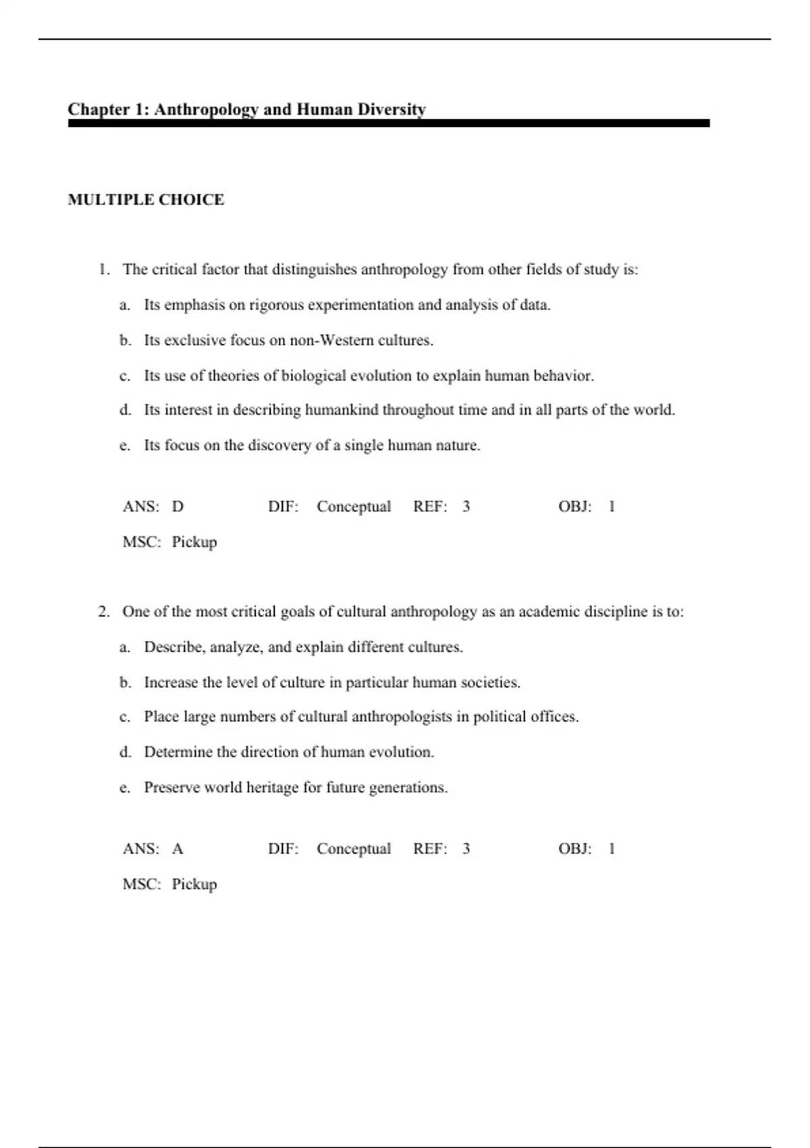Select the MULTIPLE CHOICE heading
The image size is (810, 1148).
point(146,200)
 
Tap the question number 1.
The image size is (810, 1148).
point(103,269)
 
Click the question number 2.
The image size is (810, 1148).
point(103,612)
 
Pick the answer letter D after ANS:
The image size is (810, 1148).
point(178,506)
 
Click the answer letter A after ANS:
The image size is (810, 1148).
point(178,849)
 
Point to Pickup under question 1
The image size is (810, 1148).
point(194,542)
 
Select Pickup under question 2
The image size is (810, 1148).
point(194,884)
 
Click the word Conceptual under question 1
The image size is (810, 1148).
point(354,506)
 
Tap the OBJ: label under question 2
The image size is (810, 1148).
point(574,849)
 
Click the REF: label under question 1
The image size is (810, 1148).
point(430,506)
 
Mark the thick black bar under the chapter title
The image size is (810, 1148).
point(389,124)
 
